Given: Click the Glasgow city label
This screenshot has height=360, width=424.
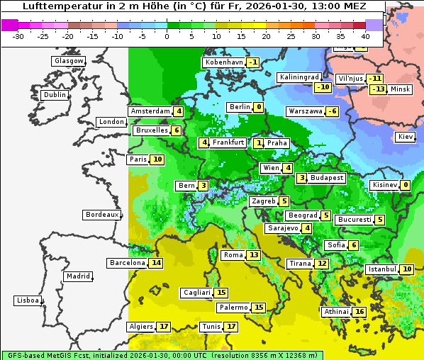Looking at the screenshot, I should click(69, 61).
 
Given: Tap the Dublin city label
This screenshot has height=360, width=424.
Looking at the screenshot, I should click(55, 95).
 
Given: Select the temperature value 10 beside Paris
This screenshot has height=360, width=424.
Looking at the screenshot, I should click(157, 159).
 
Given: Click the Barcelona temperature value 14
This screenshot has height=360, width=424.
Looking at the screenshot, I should click(156, 263).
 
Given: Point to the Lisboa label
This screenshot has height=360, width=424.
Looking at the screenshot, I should click(28, 300).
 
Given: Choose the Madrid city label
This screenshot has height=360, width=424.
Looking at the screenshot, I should click(77, 276).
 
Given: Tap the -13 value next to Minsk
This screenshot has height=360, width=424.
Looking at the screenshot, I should click(378, 89).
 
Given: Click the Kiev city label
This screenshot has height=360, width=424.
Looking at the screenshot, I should click(406, 137).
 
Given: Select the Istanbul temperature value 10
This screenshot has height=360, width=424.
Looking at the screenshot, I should click(407, 269).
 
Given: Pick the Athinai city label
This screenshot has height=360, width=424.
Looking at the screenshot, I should click(336, 312).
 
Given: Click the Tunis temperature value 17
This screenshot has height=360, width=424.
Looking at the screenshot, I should click(231, 327).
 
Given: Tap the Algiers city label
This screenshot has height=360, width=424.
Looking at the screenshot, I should click(140, 327).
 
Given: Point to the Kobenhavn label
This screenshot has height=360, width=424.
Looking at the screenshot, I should click(224, 62).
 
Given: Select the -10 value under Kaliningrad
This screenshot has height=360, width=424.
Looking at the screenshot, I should click(323, 87).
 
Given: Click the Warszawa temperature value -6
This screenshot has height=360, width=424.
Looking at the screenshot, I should click(332, 111).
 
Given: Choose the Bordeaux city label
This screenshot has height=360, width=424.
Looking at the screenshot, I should click(102, 214).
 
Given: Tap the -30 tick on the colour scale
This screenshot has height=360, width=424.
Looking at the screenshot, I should click(18, 36).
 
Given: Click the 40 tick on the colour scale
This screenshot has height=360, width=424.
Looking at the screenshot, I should click(366, 36).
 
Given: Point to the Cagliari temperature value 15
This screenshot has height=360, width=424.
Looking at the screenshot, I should click(221, 293).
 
